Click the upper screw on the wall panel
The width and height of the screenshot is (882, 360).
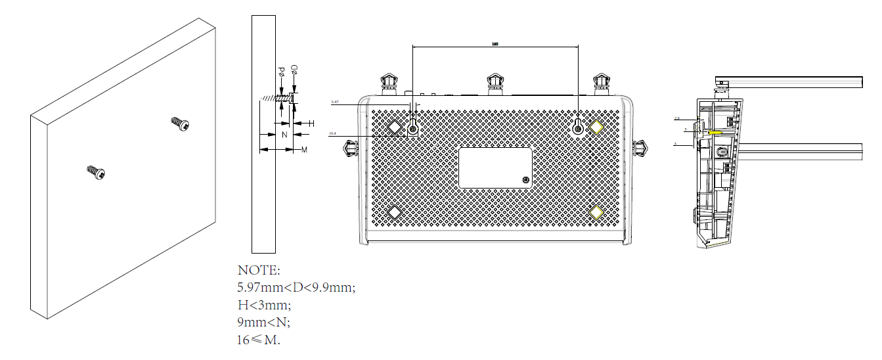[180, 123]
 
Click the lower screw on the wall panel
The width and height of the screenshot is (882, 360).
[96, 172]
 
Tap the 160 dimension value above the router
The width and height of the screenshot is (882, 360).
[495, 44]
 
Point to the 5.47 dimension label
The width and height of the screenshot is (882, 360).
[335, 102]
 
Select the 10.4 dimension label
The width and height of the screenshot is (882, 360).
[332, 134]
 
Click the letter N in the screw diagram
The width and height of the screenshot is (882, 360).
[284, 135]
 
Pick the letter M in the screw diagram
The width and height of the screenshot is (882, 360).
[304, 150]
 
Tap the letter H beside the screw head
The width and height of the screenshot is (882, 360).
[311, 123]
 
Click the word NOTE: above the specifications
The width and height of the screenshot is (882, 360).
[259, 270]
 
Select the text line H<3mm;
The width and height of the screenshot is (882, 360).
[264, 305]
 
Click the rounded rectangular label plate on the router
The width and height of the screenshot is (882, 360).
[495, 168]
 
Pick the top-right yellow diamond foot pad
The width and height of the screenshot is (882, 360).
[596, 126]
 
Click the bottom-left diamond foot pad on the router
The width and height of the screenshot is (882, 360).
[395, 212]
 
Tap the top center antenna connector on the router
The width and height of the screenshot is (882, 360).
[495, 83]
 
